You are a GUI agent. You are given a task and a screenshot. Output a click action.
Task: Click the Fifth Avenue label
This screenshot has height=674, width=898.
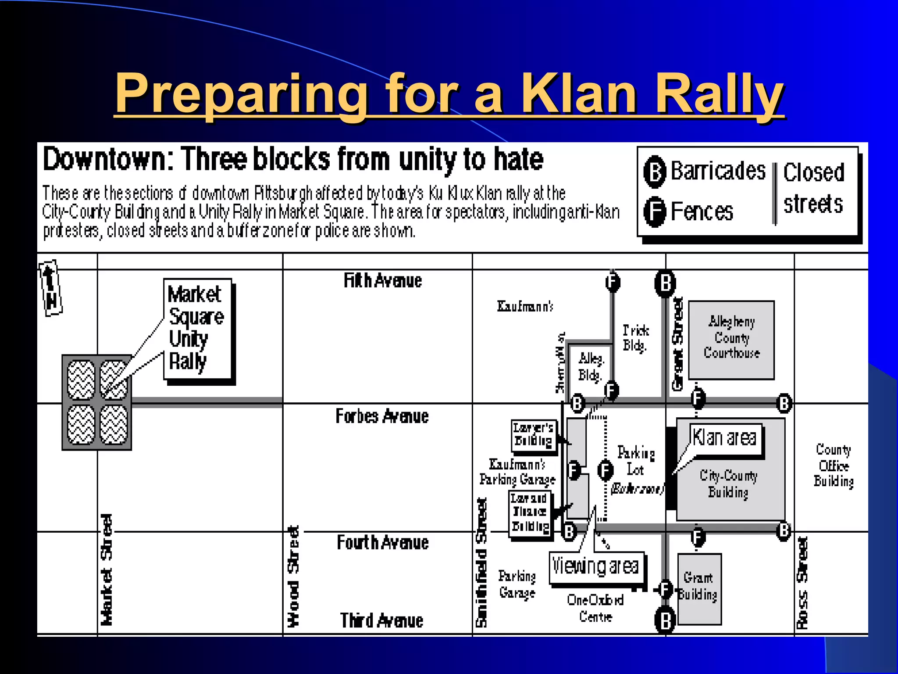(x=383, y=281)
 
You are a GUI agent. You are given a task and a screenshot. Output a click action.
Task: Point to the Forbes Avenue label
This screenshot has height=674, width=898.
(x=382, y=416)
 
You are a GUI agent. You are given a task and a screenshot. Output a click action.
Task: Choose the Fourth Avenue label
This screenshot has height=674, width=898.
(x=382, y=543)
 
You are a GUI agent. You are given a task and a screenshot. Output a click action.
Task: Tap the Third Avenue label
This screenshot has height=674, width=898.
(x=381, y=620)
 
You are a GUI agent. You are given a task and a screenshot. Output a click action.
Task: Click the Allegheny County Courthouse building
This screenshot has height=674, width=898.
(x=731, y=340)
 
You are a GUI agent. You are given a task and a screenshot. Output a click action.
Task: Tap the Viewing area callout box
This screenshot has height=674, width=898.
(x=596, y=567)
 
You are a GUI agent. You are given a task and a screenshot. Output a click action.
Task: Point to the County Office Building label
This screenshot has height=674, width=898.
(x=834, y=465)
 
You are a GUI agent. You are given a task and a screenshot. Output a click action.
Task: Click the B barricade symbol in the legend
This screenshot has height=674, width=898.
(x=655, y=172)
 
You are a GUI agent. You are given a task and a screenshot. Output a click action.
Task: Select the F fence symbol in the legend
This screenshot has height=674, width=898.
(x=655, y=212)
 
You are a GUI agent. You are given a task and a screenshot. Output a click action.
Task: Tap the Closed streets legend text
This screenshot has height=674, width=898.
(x=813, y=189)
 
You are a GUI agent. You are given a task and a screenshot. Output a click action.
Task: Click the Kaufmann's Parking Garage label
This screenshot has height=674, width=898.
(x=517, y=472)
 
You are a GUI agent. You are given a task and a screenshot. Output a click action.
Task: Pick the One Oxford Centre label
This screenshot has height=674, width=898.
(x=595, y=608)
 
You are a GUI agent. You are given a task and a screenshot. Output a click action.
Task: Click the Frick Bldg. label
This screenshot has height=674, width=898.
(x=635, y=338)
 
